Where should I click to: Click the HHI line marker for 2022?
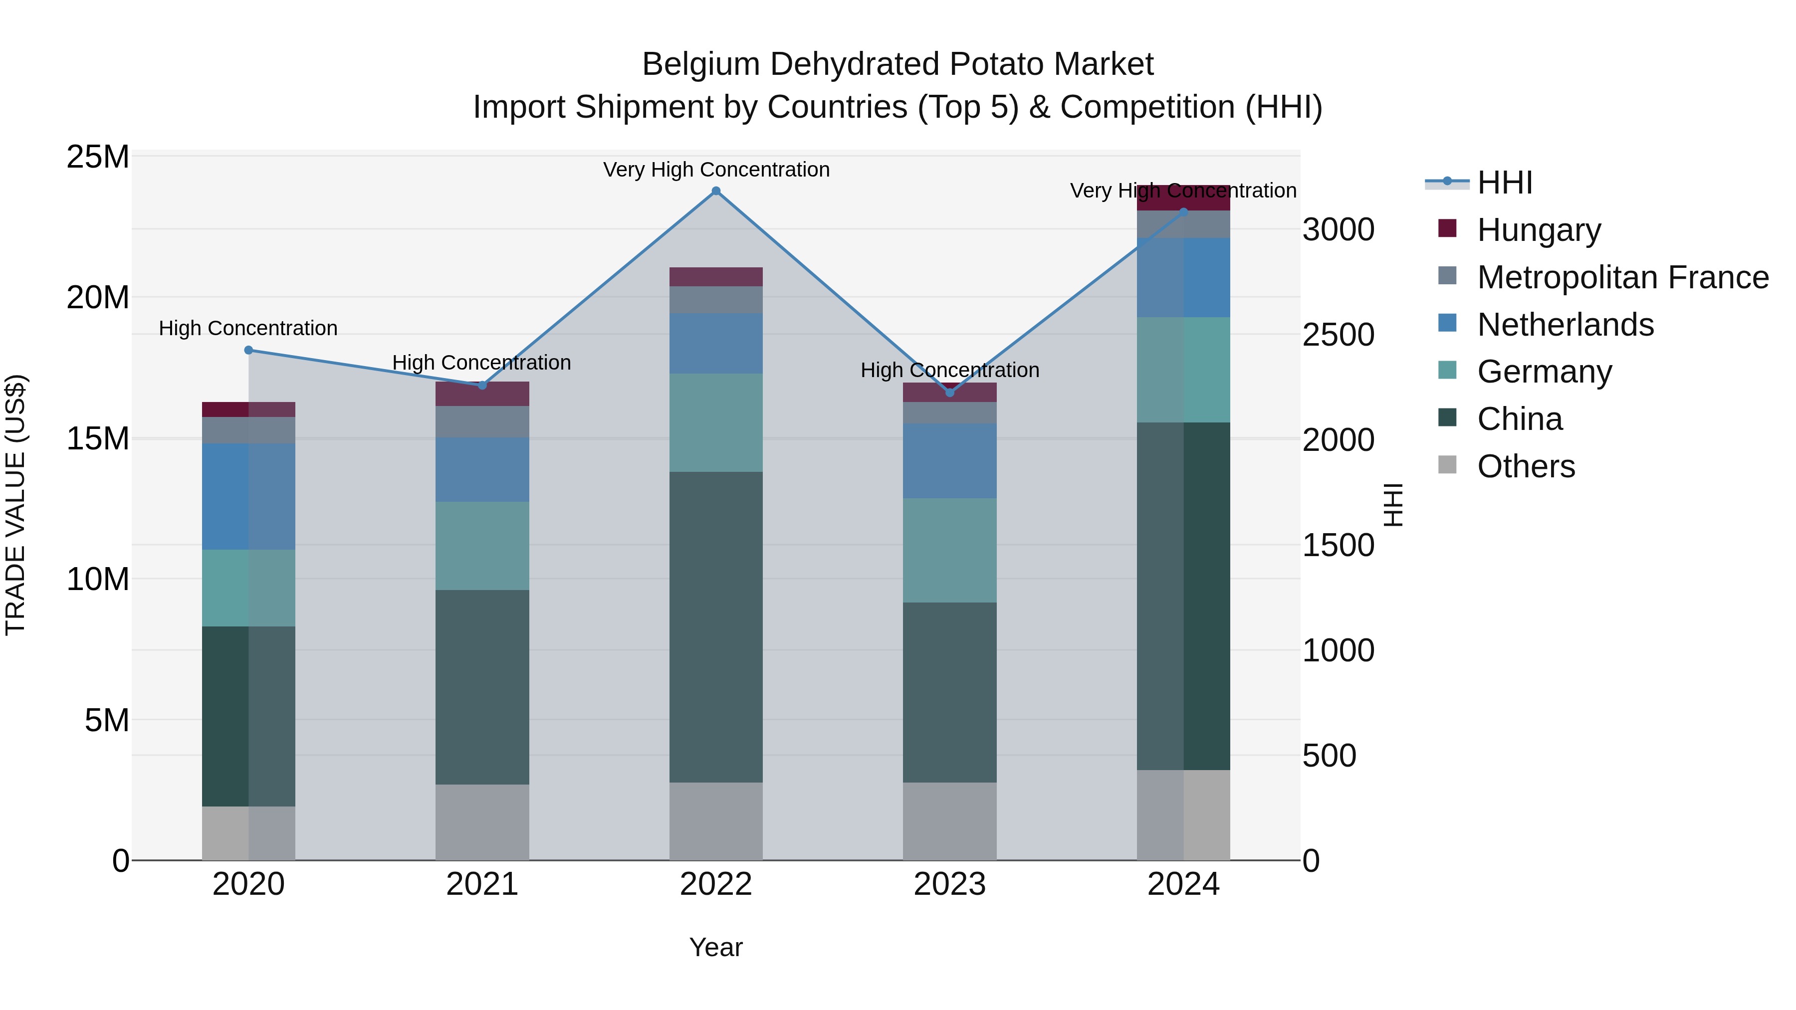[x=715, y=191]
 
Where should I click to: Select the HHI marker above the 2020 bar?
[x=248, y=350]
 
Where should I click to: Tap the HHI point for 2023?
[x=949, y=393]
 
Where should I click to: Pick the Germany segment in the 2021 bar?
[x=482, y=545]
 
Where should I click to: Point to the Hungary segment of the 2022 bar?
[x=715, y=277]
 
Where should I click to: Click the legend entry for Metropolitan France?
[x=1622, y=277]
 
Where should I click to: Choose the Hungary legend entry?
[x=1538, y=230]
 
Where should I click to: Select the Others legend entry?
[x=1526, y=466]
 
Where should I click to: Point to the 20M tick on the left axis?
[x=98, y=298]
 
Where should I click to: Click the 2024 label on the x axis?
[x=1183, y=884]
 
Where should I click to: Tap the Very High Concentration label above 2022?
[x=716, y=170]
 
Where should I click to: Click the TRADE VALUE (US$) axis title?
[x=16, y=505]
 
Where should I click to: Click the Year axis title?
[x=715, y=947]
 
